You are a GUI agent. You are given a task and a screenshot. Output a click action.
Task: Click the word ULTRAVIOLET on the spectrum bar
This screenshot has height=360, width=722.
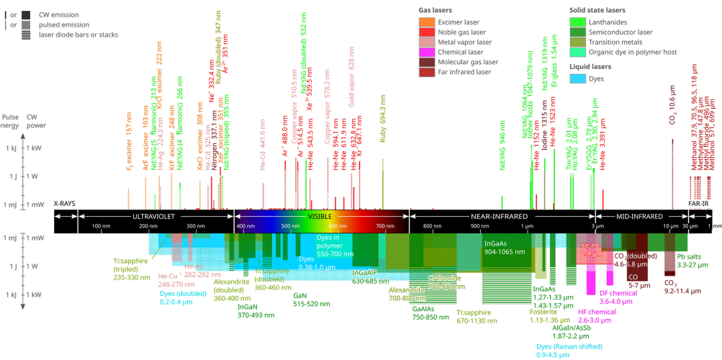(x=153, y=216)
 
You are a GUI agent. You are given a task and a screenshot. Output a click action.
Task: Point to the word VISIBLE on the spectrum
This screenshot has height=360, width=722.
(x=320, y=216)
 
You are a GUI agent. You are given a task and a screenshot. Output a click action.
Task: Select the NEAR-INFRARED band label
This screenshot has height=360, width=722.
(x=498, y=216)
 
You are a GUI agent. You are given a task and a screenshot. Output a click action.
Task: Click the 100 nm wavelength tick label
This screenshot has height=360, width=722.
(x=101, y=227)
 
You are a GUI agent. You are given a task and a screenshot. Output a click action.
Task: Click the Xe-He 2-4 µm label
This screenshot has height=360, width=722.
(x=592, y=249)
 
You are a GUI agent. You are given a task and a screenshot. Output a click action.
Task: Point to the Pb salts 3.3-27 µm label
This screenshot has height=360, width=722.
(x=689, y=260)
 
